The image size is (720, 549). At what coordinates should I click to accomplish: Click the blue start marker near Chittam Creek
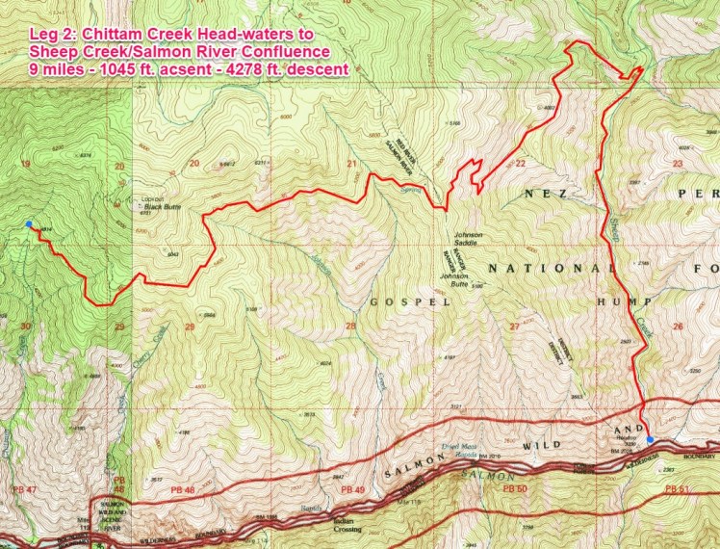pyautogui.click(x=30, y=224)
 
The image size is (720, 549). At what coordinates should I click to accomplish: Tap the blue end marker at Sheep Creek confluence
pyautogui.click(x=651, y=439)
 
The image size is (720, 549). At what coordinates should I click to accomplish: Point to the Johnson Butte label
pyautogui.click(x=461, y=279)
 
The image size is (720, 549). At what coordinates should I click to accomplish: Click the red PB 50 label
pyautogui.click(x=514, y=489)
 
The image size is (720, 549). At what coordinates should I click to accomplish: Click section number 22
pyautogui.click(x=521, y=163)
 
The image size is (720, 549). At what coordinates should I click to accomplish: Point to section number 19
pyautogui.click(x=25, y=164)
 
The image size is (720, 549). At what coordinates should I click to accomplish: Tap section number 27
pyautogui.click(x=514, y=327)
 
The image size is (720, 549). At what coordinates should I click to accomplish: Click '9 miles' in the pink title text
pyautogui.click(x=52, y=69)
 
